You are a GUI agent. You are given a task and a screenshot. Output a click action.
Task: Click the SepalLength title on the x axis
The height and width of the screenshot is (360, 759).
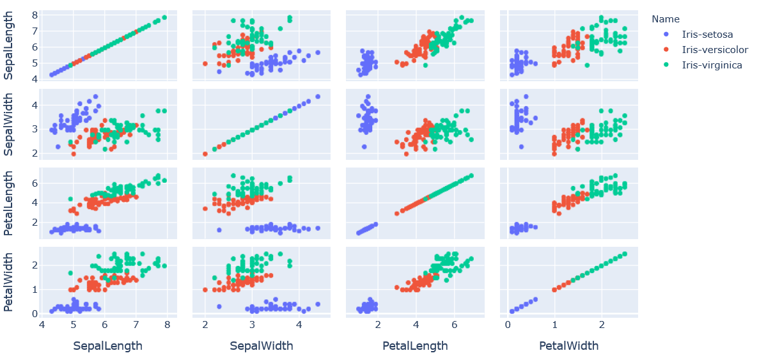click(x=107, y=346)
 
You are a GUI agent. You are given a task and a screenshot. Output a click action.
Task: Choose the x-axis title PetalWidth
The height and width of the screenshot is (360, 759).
click(x=569, y=346)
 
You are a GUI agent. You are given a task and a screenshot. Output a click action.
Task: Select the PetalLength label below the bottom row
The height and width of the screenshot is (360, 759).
click(x=415, y=346)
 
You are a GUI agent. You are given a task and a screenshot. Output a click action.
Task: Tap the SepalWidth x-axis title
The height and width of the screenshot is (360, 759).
click(x=262, y=346)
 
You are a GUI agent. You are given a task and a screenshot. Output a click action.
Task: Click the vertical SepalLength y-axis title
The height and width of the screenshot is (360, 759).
click(x=11, y=45)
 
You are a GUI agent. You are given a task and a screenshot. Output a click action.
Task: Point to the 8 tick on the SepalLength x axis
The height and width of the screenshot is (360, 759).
click(x=167, y=326)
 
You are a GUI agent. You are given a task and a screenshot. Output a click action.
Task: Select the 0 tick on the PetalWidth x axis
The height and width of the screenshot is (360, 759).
click(x=508, y=326)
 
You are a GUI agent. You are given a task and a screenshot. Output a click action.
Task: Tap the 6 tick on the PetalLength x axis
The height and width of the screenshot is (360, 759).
click(x=455, y=326)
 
